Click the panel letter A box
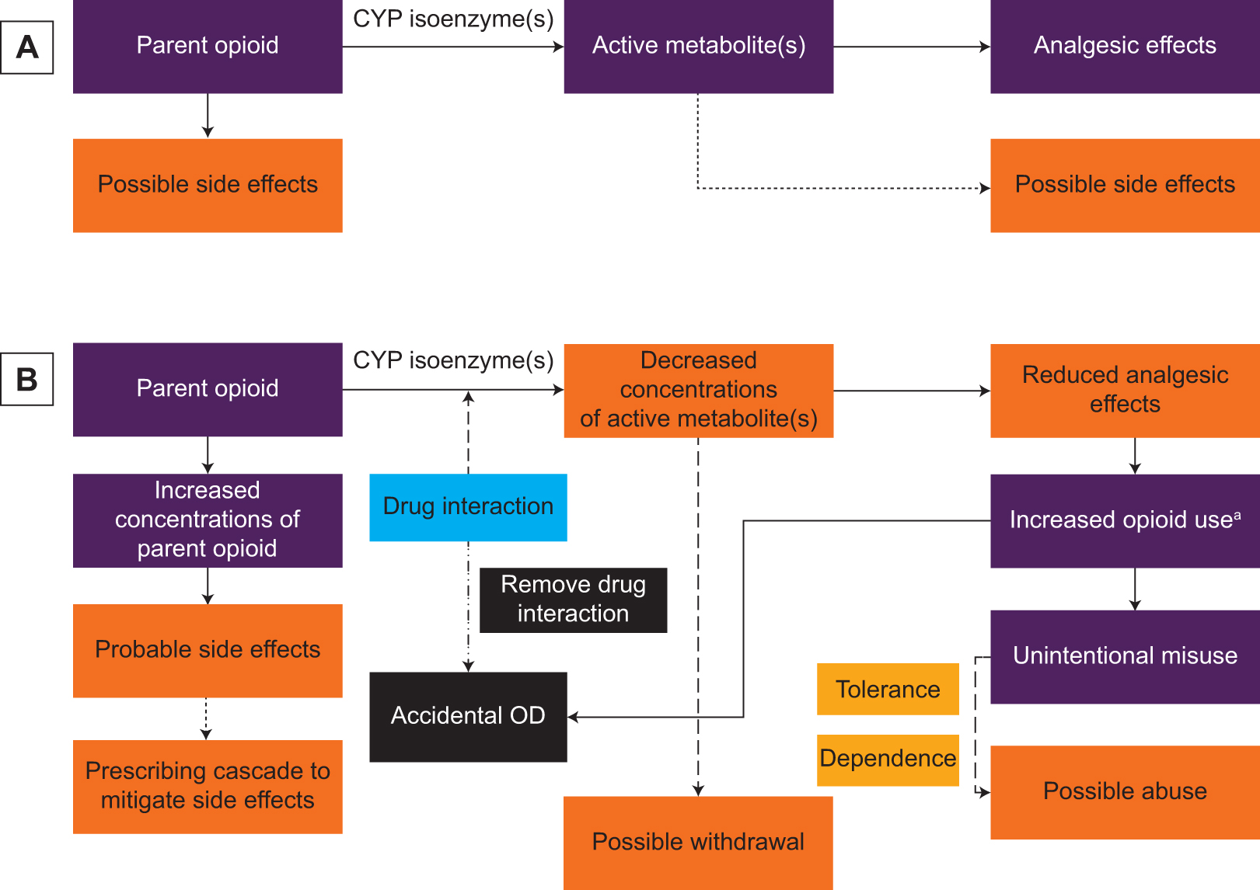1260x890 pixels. [x=27, y=47]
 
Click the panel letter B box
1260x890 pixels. [x=27, y=379]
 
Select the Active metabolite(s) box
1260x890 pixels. [x=698, y=47]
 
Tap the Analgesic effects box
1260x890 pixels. [x=1124, y=47]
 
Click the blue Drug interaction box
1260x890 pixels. [x=468, y=507]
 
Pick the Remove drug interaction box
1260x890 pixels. [x=573, y=600]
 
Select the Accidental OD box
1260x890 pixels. [x=468, y=716]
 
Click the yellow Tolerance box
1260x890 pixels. [x=887, y=689]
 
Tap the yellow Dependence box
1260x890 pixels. [x=887, y=759]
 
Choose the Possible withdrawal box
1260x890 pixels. [x=698, y=842]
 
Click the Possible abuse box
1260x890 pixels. [x=1124, y=791]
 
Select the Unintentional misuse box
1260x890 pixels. [x=1124, y=656]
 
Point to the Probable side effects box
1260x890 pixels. [x=208, y=650]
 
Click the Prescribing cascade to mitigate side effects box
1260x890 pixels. [x=208, y=786]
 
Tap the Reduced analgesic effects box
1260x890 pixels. [x=1124, y=390]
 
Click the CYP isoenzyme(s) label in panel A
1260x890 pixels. [x=453, y=19]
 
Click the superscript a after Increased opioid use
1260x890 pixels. [x=1237, y=515]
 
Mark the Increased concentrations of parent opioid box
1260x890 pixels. [x=208, y=520]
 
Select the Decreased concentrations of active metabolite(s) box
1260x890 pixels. [x=698, y=390]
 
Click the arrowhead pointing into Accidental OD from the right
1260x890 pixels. [x=574, y=717]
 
